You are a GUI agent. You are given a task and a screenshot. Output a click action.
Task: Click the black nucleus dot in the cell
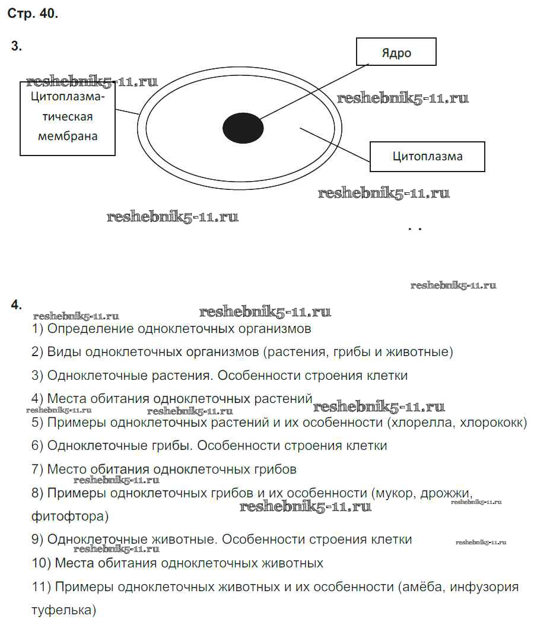pyautogui.click(x=243, y=127)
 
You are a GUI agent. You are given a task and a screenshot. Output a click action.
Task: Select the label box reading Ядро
pyautogui.click(x=396, y=52)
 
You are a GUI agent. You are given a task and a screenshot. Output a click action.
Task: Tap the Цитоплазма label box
pyautogui.click(x=427, y=157)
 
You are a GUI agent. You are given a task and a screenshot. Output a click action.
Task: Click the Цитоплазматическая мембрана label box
pyautogui.click(x=68, y=118)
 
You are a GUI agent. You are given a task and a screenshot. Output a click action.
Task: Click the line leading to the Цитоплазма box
pyautogui.click(x=335, y=143)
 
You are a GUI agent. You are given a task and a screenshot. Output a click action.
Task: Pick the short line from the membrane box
pyautogui.click(x=127, y=110)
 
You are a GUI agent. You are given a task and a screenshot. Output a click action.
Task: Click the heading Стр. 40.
pyautogui.click(x=33, y=14)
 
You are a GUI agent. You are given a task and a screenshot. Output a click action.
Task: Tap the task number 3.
pyautogui.click(x=16, y=47)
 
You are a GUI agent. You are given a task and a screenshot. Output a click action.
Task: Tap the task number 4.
pyautogui.click(x=16, y=305)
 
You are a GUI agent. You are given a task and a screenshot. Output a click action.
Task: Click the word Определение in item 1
pyautogui.click(x=90, y=328)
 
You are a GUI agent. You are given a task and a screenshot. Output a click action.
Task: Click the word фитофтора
pyautogui.click(x=69, y=516)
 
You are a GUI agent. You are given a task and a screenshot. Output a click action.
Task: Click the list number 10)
pyautogui.click(x=40, y=563)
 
